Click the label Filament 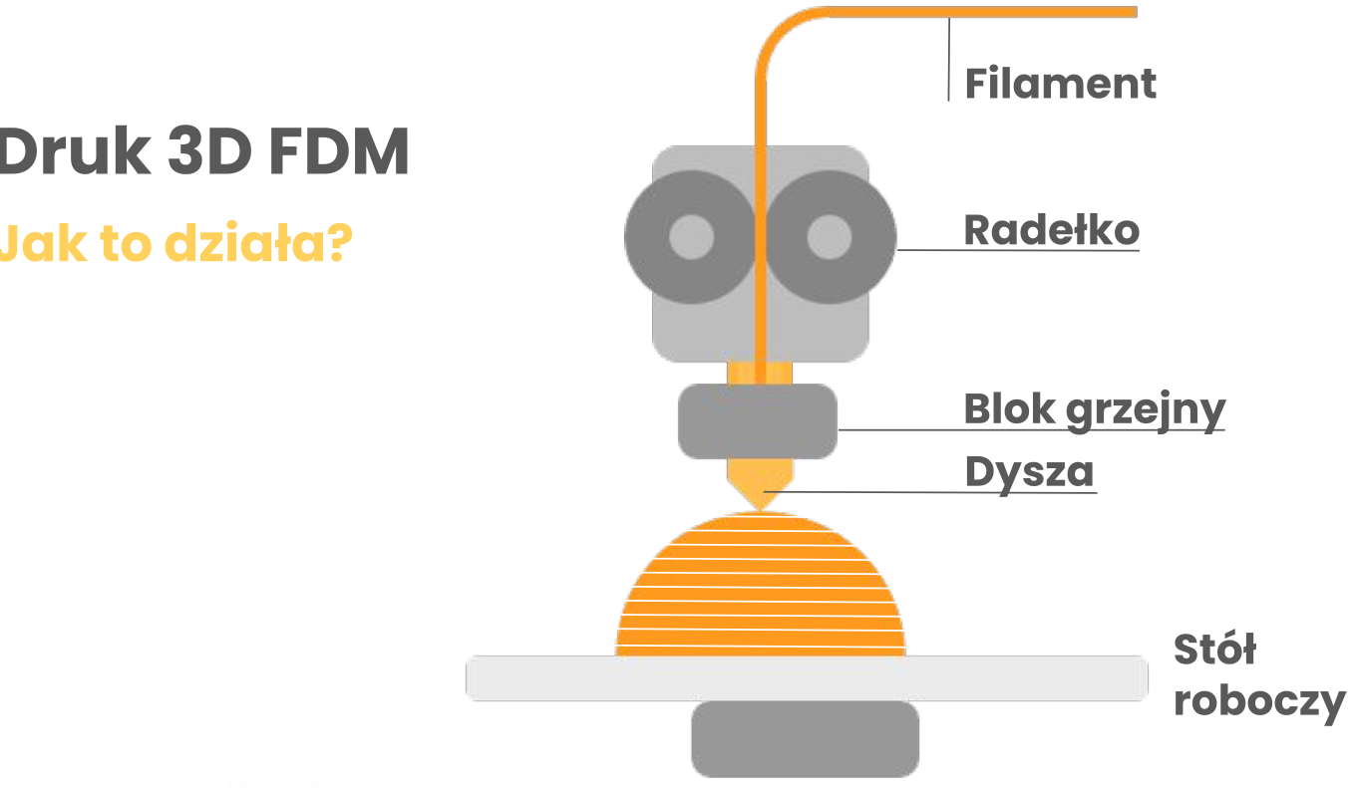tap(1061, 83)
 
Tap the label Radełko tap(1051, 230)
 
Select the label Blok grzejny tap(1094, 408)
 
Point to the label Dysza tap(1029, 471)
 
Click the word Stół tap(1214, 651)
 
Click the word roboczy tap(1259, 701)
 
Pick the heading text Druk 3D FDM tap(203, 154)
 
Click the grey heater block tap(758, 421)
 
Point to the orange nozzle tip tap(760, 496)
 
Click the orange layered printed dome tap(761, 588)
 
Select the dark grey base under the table tap(806, 738)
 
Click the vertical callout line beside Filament tap(948, 60)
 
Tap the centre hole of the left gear tap(690, 238)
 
